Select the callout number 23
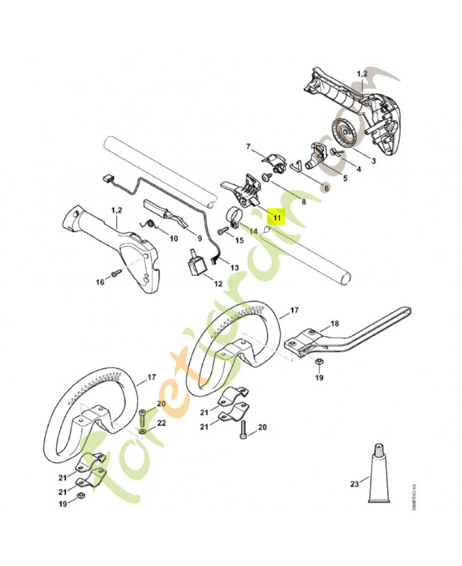point(354,485)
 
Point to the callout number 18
point(334,323)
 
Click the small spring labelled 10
point(150,224)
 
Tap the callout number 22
point(161,423)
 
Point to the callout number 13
point(235,268)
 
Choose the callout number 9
point(201,238)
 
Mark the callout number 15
point(239,241)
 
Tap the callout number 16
point(100,282)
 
